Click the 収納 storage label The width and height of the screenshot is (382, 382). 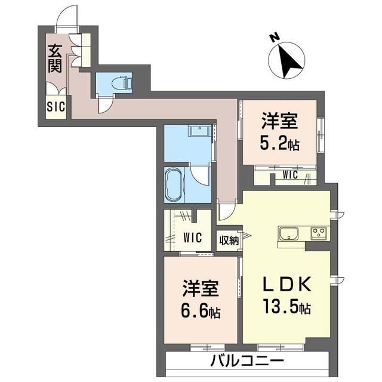coord(229,240)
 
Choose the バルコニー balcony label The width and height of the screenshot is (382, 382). coord(246,361)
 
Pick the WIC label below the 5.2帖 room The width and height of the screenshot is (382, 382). coord(290,175)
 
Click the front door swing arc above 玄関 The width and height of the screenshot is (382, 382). coord(65,17)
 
